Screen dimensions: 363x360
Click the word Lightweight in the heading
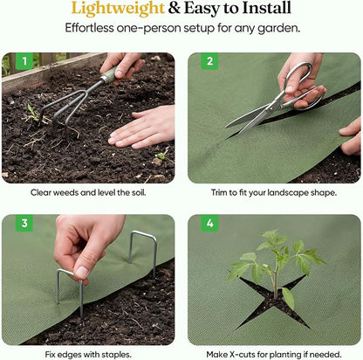click(x=118, y=8)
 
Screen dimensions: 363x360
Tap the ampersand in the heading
click(x=175, y=8)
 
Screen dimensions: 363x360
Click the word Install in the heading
click(x=266, y=8)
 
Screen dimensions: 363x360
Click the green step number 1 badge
click(x=24, y=61)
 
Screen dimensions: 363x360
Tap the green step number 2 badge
click(x=209, y=61)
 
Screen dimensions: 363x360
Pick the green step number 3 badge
click(x=24, y=223)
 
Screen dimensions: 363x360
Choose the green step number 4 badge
click(x=209, y=223)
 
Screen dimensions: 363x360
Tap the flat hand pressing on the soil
click(x=141, y=128)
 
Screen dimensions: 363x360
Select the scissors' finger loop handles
click(x=303, y=85)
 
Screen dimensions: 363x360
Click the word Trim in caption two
click(x=219, y=192)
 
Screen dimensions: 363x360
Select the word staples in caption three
click(x=116, y=355)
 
